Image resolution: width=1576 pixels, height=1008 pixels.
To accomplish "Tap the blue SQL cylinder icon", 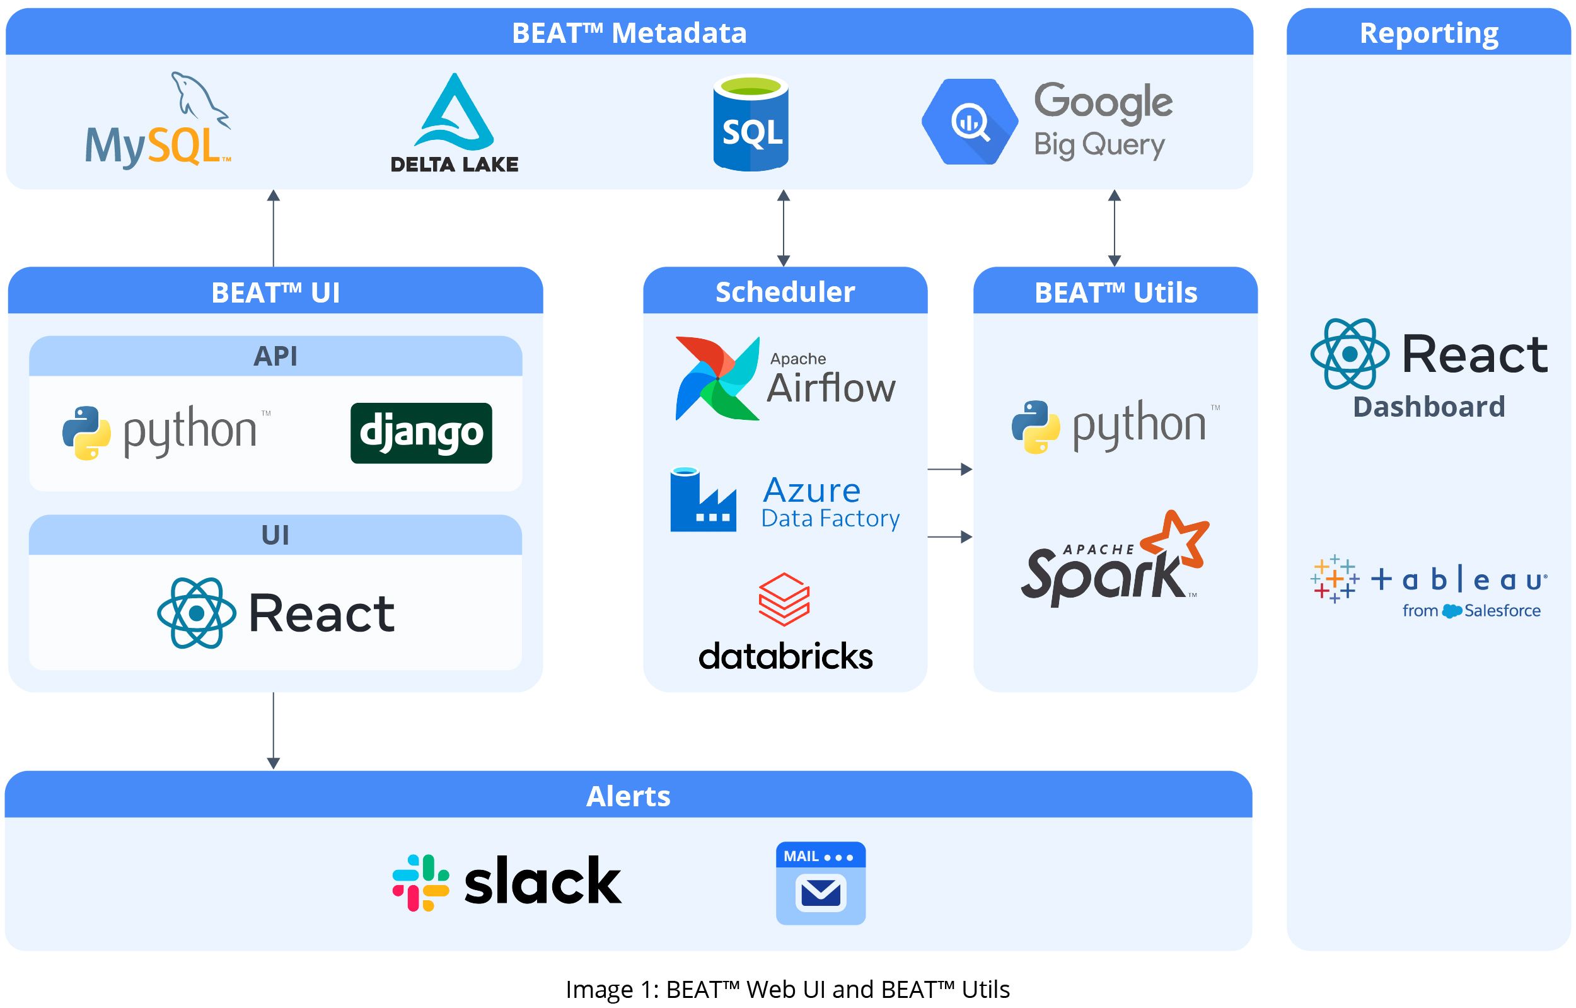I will (x=751, y=124).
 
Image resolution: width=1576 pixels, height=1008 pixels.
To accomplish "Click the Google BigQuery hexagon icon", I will (x=970, y=122).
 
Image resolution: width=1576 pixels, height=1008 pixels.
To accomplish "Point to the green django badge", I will (x=421, y=432).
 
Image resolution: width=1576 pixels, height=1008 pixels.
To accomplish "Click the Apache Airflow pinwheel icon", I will (x=717, y=378).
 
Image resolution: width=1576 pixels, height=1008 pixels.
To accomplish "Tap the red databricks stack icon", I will (x=784, y=599).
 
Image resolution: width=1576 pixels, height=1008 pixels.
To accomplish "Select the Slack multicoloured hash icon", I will (x=420, y=883).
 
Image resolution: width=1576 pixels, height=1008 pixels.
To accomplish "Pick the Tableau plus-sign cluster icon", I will (x=1335, y=579).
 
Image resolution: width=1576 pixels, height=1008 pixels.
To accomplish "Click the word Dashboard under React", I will (x=1428, y=407).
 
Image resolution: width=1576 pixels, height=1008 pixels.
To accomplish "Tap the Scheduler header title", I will (x=785, y=292).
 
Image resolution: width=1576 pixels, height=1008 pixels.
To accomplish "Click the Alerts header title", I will (x=629, y=796).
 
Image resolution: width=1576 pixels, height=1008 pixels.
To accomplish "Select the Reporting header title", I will (x=1428, y=33).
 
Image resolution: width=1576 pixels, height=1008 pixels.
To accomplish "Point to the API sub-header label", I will (x=275, y=356).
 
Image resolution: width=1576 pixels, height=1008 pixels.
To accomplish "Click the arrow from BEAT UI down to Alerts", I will (x=274, y=731).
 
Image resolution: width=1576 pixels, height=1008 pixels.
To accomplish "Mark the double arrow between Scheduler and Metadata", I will (x=784, y=228).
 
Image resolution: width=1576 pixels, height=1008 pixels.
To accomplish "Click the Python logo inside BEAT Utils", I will (x=1036, y=427).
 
